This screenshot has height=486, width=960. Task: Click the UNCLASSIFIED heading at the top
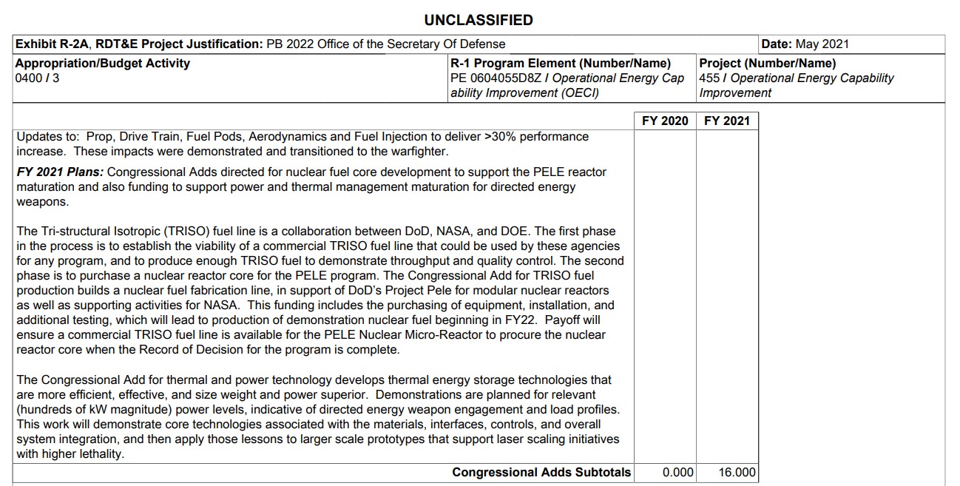click(479, 20)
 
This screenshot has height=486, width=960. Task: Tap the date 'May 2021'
click(822, 44)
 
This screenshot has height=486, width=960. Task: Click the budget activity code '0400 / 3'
click(37, 78)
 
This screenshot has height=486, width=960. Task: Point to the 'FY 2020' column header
click(665, 121)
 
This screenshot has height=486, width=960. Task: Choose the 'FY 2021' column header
click(727, 121)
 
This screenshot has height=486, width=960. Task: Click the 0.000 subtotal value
click(678, 473)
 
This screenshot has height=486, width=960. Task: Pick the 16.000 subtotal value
click(737, 473)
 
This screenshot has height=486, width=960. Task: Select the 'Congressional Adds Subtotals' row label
click(541, 473)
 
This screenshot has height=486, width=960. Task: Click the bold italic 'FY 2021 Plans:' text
click(60, 172)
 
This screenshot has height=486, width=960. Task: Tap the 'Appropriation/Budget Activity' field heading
click(102, 64)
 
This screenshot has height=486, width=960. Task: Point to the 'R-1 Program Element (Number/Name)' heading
click(560, 64)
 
